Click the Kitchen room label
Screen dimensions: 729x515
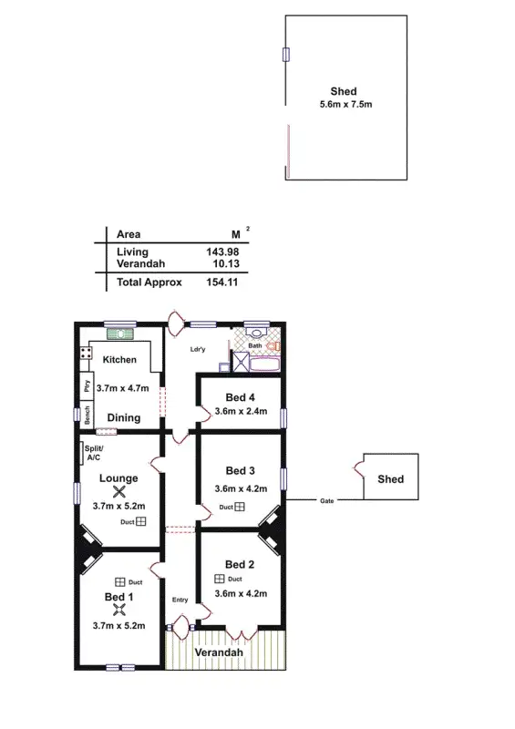point(119,360)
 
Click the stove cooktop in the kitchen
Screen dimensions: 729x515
point(86,353)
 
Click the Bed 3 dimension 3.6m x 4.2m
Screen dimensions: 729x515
point(241,488)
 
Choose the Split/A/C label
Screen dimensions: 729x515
point(94,453)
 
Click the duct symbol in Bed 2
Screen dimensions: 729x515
point(220,579)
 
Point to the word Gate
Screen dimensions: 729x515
point(325,501)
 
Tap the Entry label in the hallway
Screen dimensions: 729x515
point(180,599)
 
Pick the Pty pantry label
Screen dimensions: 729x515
point(88,385)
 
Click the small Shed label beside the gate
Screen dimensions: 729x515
point(390,478)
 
